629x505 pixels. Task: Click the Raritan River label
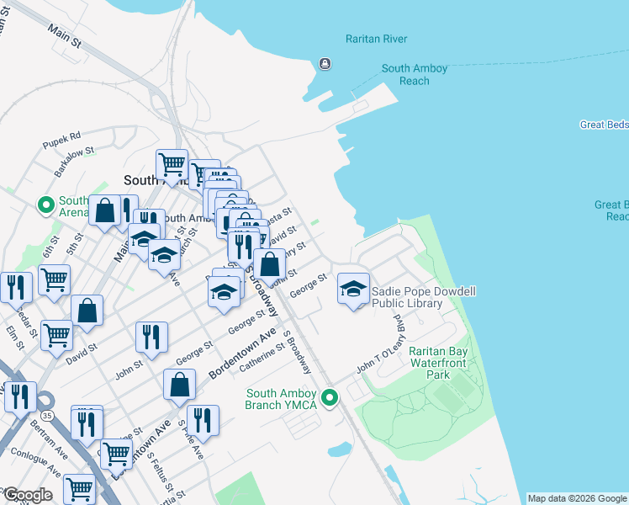click(x=376, y=39)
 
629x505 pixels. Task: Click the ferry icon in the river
click(x=324, y=64)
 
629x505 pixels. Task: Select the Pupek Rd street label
click(x=63, y=136)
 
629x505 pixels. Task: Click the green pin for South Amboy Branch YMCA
click(x=330, y=396)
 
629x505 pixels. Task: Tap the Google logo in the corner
click(x=27, y=495)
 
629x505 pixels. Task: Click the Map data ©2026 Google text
click(x=577, y=498)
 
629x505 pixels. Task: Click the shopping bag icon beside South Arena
click(x=105, y=211)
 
